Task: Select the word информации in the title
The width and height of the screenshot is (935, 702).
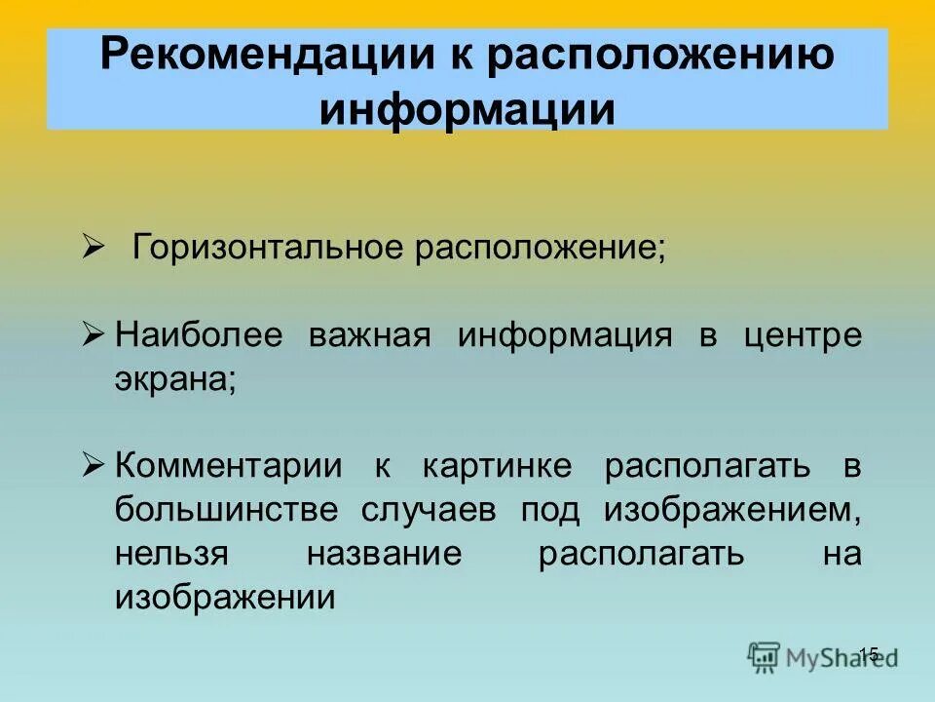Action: [x=467, y=109]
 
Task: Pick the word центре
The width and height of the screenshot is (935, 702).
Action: [x=803, y=335]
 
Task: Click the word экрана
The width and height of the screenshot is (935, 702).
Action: [x=175, y=378]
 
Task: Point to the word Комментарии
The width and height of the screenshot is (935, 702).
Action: [x=229, y=465]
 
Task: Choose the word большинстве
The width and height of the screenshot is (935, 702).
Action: [x=227, y=509]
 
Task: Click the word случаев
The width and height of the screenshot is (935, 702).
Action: [x=430, y=509]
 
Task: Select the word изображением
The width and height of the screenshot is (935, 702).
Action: [x=732, y=509]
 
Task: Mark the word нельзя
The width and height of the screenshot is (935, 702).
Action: [x=170, y=553]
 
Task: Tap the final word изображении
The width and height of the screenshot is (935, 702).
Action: [x=225, y=596]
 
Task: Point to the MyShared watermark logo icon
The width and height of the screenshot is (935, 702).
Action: [x=765, y=656]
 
